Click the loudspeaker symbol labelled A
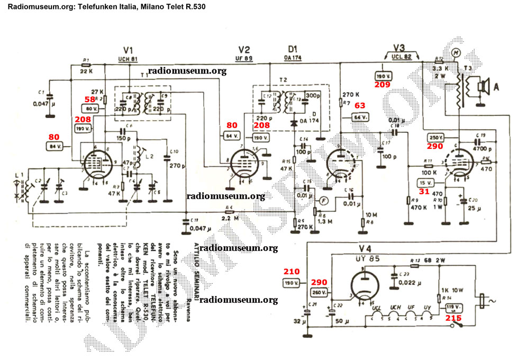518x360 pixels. point(482,86)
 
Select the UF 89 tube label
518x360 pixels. point(244,59)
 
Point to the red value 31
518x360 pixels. point(424,192)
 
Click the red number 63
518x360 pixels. point(360,106)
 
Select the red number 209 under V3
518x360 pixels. point(383,84)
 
